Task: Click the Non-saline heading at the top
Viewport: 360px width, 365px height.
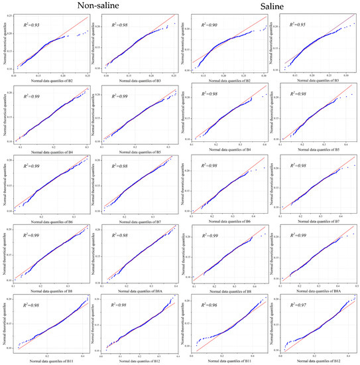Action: (x=92, y=7)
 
